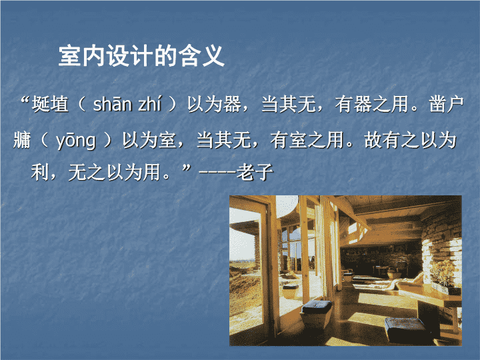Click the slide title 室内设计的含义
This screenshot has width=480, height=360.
pyautogui.click(x=141, y=56)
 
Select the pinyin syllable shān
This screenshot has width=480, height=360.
pyautogui.click(x=112, y=104)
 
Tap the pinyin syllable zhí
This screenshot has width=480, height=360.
pyautogui.click(x=149, y=104)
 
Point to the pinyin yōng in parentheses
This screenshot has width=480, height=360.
pyautogui.click(x=75, y=141)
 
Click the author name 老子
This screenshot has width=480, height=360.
pyautogui.click(x=255, y=173)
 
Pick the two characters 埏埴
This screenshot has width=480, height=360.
pyautogui.click(x=50, y=104)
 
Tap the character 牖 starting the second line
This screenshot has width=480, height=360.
pyautogui.click(x=22, y=141)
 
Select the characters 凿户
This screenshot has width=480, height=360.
pyautogui.click(x=446, y=104)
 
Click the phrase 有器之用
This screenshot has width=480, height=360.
pyautogui.click(x=371, y=104)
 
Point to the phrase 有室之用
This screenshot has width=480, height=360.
pyautogui.click(x=307, y=141)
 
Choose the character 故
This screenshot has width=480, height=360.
pyautogui.click(x=373, y=141)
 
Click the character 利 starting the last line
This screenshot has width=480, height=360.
pyautogui.click(x=40, y=173)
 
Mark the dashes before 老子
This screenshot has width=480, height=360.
pyautogui.click(x=217, y=173)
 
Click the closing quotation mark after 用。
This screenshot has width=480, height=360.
pyautogui.click(x=187, y=169)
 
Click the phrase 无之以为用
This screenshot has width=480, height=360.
pyautogui.click(x=114, y=173)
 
